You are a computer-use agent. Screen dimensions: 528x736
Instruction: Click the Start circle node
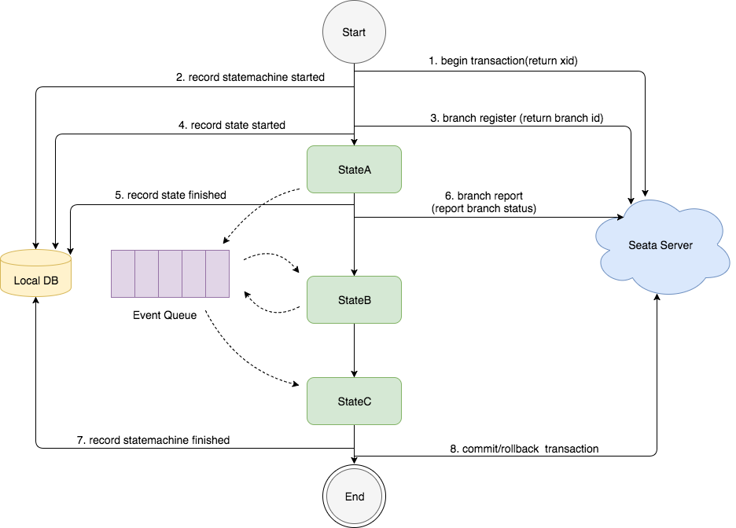point(354,33)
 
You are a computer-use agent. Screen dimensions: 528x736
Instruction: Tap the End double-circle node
point(355,497)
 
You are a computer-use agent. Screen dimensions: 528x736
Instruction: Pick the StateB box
point(354,300)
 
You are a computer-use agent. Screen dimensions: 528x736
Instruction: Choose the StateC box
point(354,401)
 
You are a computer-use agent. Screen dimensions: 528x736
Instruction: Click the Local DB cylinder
point(36,273)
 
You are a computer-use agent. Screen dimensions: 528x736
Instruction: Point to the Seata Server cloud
point(661,244)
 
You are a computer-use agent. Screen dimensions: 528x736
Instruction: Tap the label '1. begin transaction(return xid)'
point(502,60)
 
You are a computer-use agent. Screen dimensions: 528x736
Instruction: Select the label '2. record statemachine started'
point(250,78)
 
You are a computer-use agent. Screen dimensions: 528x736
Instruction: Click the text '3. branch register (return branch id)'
point(517,118)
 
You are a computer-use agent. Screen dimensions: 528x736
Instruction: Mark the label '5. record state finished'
point(177,195)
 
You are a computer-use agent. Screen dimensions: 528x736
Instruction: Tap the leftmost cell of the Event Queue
point(123,273)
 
